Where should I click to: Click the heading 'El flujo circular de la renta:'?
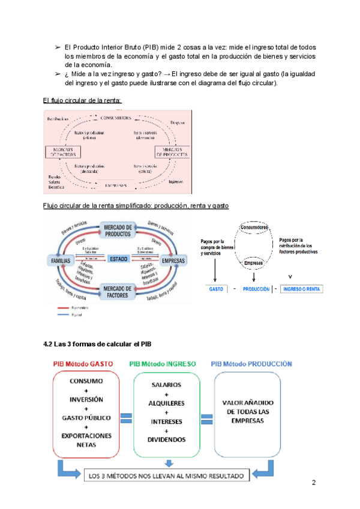82,100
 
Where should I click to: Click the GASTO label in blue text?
216,289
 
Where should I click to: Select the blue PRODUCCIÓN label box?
256,289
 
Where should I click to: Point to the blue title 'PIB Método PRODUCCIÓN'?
253,364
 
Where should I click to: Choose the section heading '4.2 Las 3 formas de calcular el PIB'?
103,345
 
